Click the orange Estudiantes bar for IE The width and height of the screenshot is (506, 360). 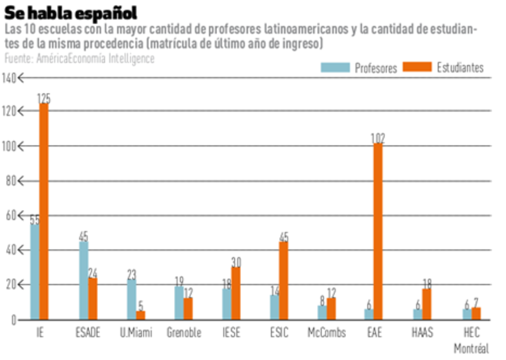(x=44, y=212)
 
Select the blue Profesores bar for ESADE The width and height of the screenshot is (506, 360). (x=83, y=281)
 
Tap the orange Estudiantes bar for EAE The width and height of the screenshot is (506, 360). (x=378, y=232)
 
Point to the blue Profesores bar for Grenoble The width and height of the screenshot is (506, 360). (x=179, y=303)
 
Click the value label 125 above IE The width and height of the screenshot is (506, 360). (x=44, y=99)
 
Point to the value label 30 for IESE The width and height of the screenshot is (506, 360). (x=236, y=262)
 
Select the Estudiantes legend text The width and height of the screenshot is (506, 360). (x=460, y=68)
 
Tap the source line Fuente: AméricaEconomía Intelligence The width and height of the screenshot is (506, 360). (x=79, y=58)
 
